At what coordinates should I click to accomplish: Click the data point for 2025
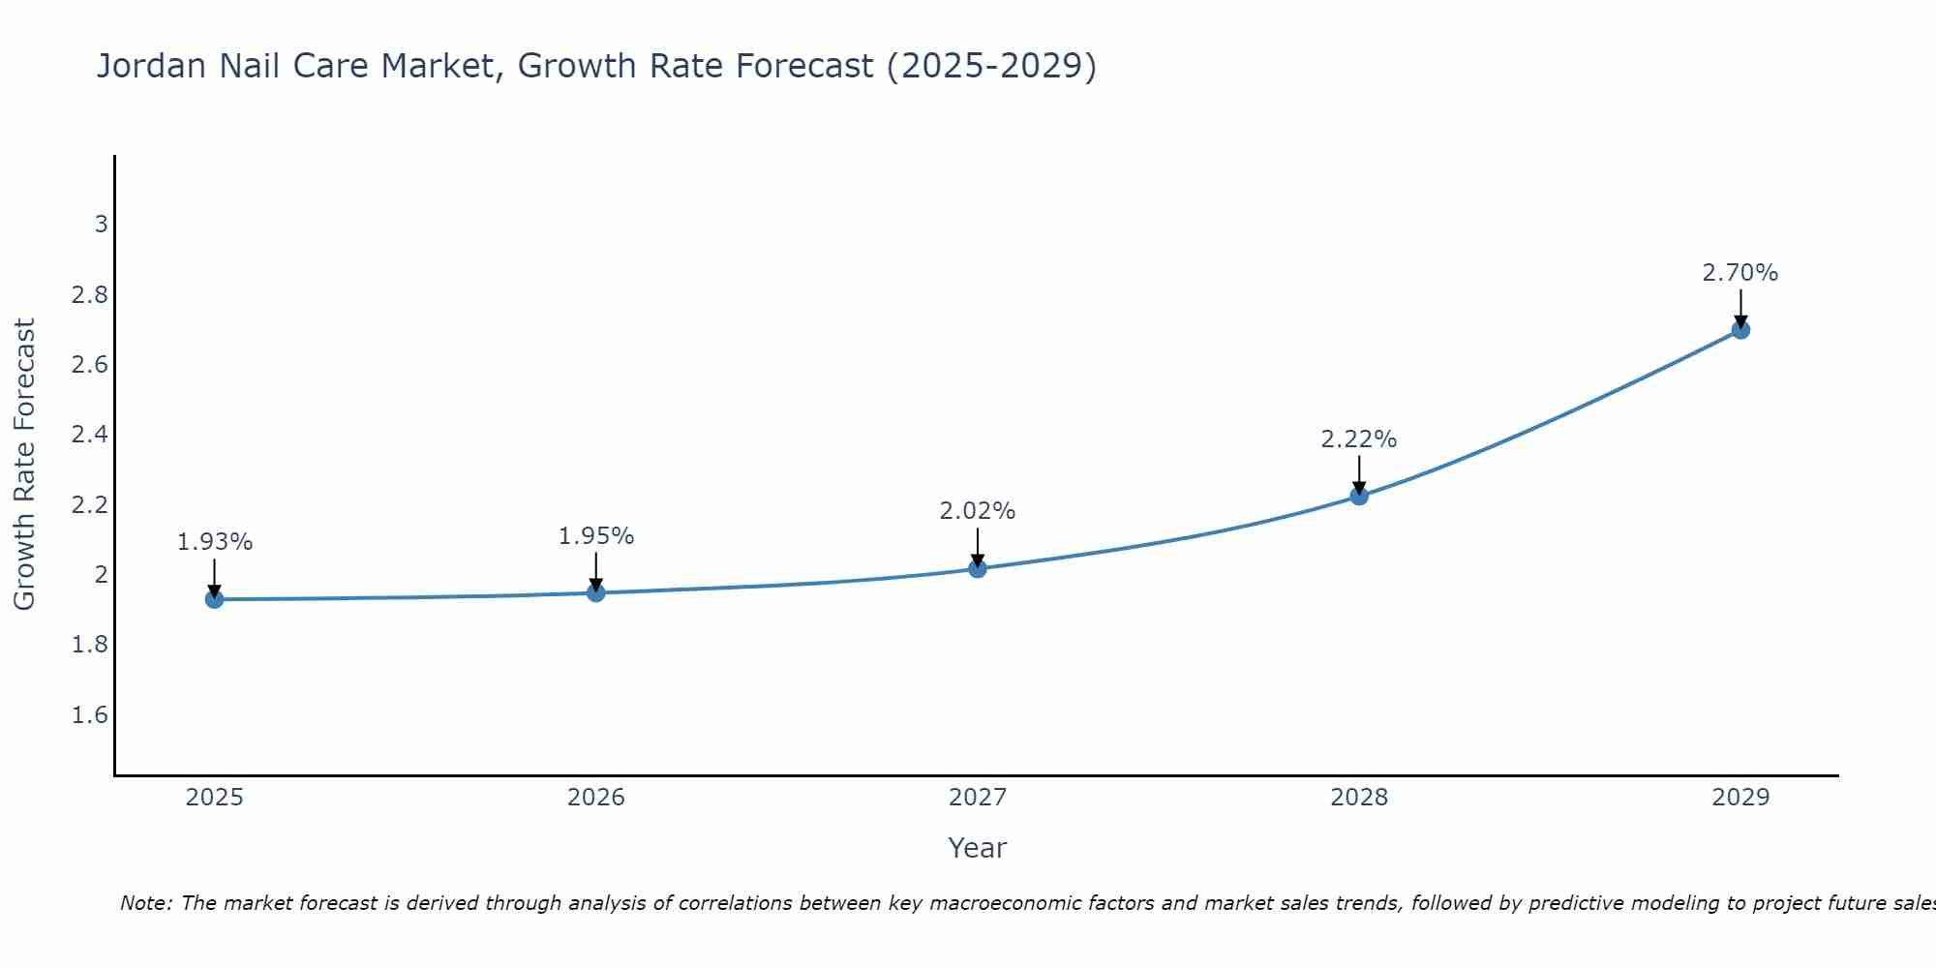pyautogui.click(x=215, y=599)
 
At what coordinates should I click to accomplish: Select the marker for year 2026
pyautogui.click(x=596, y=592)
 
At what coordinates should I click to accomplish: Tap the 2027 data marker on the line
pyautogui.click(x=978, y=568)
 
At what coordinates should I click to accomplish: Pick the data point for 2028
pyautogui.click(x=1359, y=496)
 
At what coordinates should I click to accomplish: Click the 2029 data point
pyautogui.click(x=1740, y=330)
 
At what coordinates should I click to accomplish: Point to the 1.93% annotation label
pyautogui.click(x=215, y=542)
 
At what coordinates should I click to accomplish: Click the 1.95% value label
pyautogui.click(x=596, y=536)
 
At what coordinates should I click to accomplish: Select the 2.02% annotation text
pyautogui.click(x=978, y=511)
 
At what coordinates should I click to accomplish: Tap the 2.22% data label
pyautogui.click(x=1359, y=439)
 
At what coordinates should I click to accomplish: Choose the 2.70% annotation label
pyautogui.click(x=1740, y=273)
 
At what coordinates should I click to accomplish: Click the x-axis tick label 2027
pyautogui.click(x=978, y=798)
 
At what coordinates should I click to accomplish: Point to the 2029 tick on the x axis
pyautogui.click(x=1740, y=798)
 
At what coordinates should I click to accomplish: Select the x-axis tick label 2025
pyautogui.click(x=215, y=798)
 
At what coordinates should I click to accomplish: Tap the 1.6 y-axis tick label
pyautogui.click(x=90, y=715)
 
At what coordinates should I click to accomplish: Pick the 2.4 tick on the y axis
pyautogui.click(x=90, y=435)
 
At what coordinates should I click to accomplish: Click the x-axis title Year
pyautogui.click(x=978, y=848)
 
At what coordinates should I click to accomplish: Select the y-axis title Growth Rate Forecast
pyautogui.click(x=24, y=465)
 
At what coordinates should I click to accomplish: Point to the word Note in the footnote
pyautogui.click(x=145, y=903)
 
